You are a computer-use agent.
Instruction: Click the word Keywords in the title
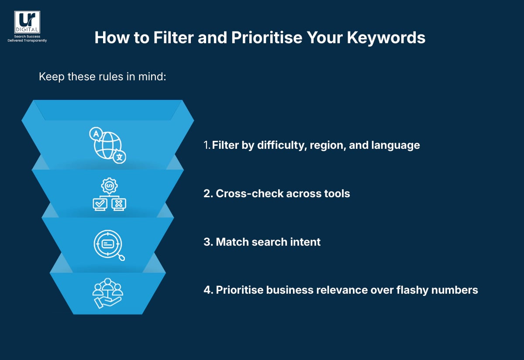(x=386, y=38)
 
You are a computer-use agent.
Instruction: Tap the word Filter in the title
(x=172, y=38)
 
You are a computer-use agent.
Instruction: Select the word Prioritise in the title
(x=266, y=38)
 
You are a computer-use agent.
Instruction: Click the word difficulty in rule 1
(x=280, y=145)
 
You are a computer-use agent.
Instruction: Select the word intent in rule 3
(x=307, y=242)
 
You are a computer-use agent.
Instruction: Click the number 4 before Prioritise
(x=207, y=290)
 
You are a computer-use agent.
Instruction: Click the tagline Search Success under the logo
(x=27, y=37)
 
